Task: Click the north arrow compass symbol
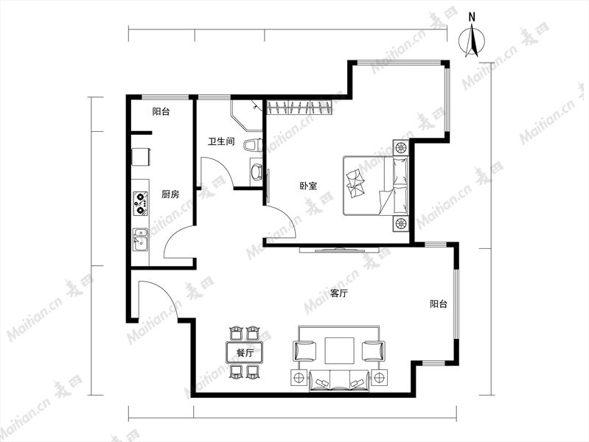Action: pyautogui.click(x=472, y=40)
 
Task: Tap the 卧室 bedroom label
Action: pyautogui.click(x=308, y=186)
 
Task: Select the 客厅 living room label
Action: pyautogui.click(x=338, y=293)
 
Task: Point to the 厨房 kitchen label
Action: pyautogui.click(x=170, y=194)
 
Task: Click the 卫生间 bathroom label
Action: pyautogui.click(x=222, y=141)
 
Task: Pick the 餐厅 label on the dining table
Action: pyautogui.click(x=245, y=353)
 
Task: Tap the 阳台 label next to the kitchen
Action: pyautogui.click(x=161, y=111)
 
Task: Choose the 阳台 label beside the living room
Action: pyautogui.click(x=439, y=304)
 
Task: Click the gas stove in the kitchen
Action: pyautogui.click(x=141, y=203)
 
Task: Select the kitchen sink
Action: pyautogui.click(x=140, y=239)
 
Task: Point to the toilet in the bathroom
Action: pyautogui.click(x=252, y=145)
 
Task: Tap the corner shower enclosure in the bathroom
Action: pyautogui.click(x=246, y=114)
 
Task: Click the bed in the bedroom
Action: pyautogui.click(x=376, y=186)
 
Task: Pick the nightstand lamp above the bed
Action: pyautogui.click(x=401, y=147)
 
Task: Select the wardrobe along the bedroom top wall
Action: pyautogui.click(x=300, y=107)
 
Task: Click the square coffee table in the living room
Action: pyautogui.click(x=340, y=351)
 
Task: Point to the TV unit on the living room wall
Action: pyautogui.click(x=340, y=250)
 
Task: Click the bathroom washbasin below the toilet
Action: pyautogui.click(x=257, y=171)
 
